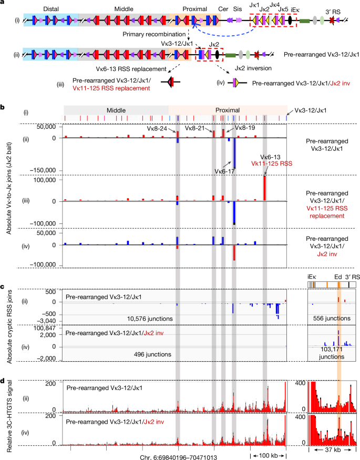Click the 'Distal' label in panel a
pyautogui.click(x=50, y=9)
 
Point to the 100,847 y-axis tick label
pyautogui.click(x=44, y=328)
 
